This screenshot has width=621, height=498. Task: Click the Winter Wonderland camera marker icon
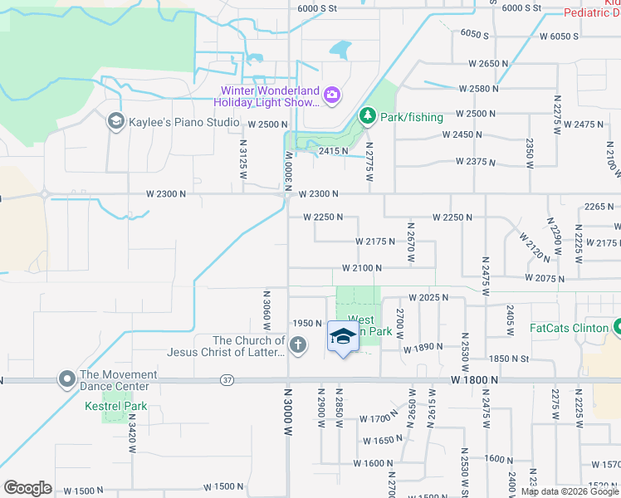pyautogui.click(x=331, y=95)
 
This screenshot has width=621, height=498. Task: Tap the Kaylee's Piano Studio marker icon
pyautogui.click(x=116, y=122)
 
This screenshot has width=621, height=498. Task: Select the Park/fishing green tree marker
pyautogui.click(x=367, y=117)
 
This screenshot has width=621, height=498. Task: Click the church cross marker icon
pyautogui.click(x=298, y=344)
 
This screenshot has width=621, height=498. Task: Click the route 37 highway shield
pyautogui.click(x=227, y=379)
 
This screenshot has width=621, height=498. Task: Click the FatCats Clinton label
pyautogui.click(x=570, y=327)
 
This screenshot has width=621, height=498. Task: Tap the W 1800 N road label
pyautogui.click(x=475, y=378)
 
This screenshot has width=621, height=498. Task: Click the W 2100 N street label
pyautogui.click(x=362, y=268)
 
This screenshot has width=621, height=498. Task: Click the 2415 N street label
pyautogui.click(x=332, y=150)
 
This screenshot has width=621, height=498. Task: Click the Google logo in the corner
pyautogui.click(x=27, y=487)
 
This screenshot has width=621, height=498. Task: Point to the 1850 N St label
pyautogui.click(x=509, y=358)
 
